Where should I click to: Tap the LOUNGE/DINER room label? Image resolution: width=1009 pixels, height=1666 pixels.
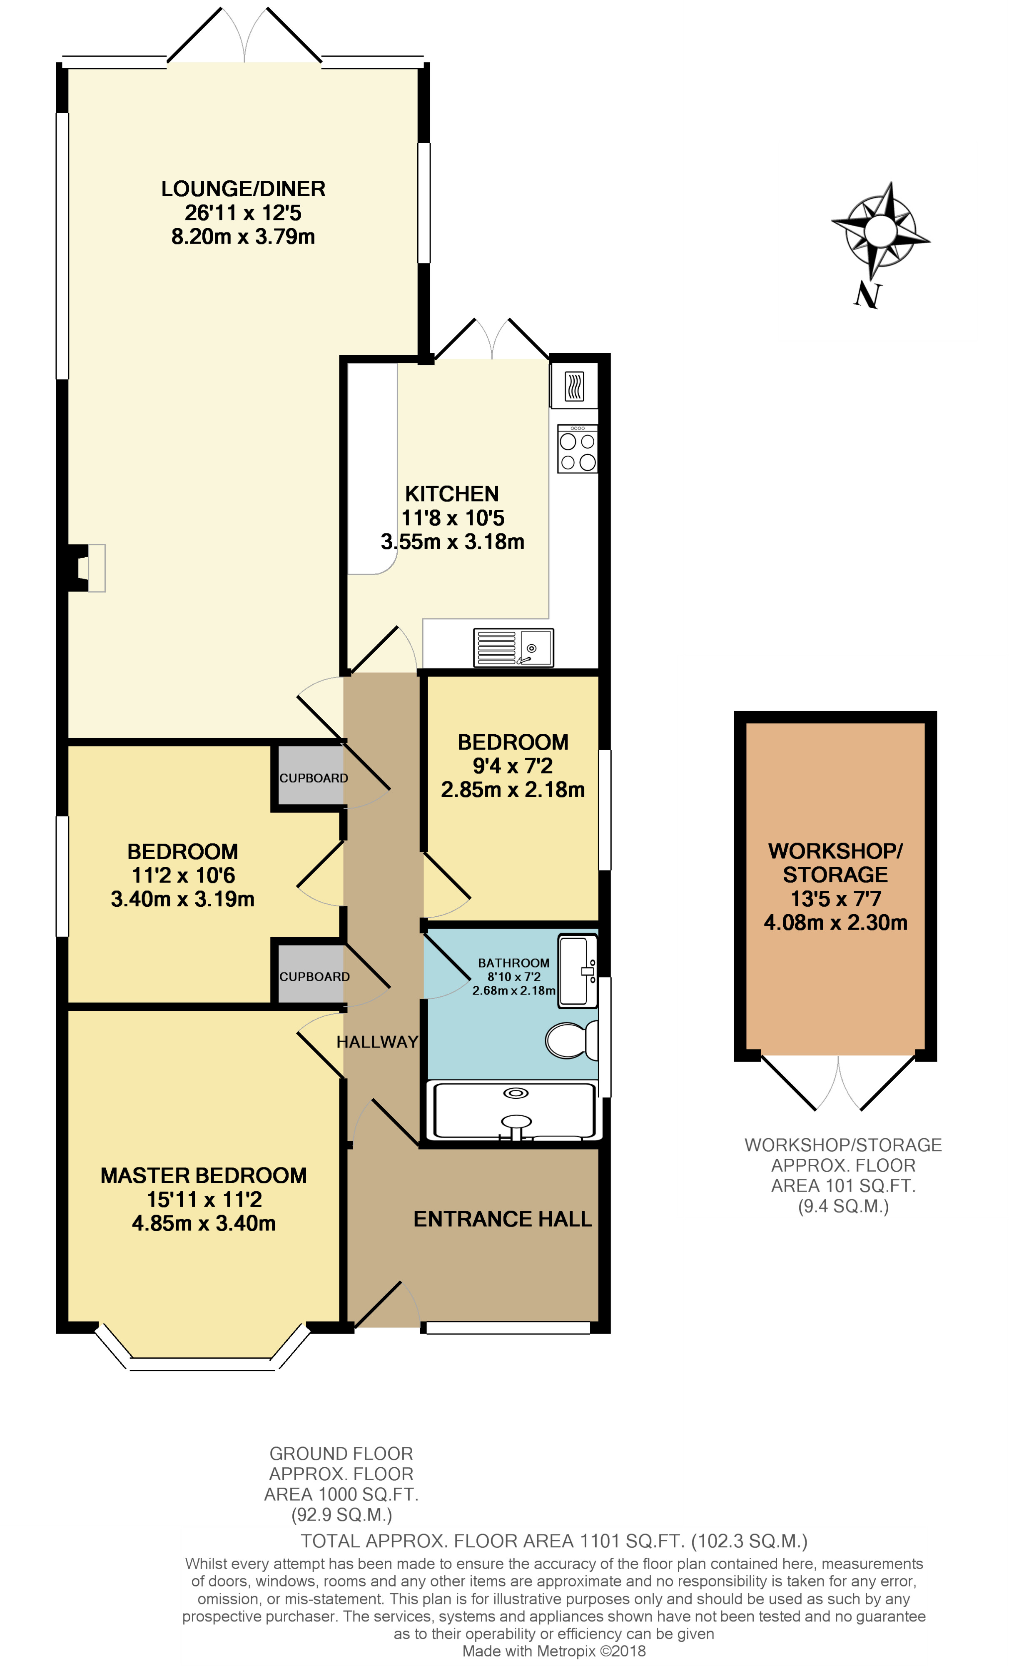click(243, 189)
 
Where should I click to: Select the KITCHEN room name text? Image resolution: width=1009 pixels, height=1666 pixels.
click(452, 494)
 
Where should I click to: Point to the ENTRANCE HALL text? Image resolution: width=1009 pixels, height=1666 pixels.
click(502, 1218)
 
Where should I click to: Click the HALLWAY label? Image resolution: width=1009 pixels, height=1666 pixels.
click(377, 1042)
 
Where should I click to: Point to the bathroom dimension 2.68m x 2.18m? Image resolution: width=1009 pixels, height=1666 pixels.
click(513, 990)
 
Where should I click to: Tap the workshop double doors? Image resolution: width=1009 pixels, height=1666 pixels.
click(838, 1082)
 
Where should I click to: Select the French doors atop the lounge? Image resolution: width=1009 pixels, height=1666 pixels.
click(244, 35)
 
